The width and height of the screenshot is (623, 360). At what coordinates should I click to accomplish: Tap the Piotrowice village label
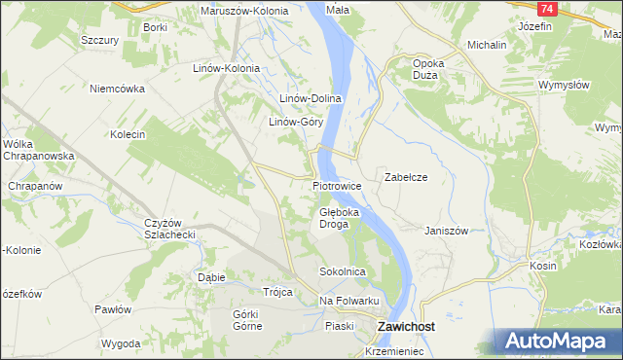click(338, 185)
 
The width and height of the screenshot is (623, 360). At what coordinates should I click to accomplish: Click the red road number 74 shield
click(547, 9)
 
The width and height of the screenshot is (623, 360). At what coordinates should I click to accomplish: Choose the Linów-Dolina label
click(310, 99)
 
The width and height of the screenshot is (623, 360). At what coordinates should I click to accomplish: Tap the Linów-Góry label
click(296, 123)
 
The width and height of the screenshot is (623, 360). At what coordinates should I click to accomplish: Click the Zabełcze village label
click(407, 178)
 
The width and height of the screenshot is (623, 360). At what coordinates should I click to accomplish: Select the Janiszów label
click(447, 231)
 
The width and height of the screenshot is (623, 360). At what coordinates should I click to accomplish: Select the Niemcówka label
click(117, 89)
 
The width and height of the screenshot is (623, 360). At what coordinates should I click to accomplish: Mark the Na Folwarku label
click(347, 301)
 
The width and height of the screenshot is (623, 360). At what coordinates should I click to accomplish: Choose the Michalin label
click(487, 45)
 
